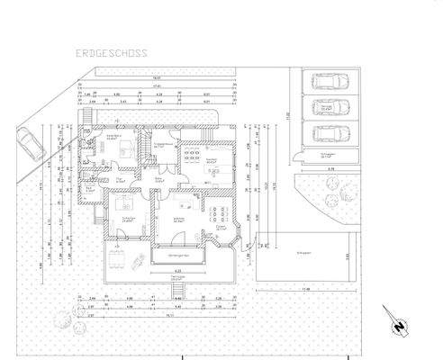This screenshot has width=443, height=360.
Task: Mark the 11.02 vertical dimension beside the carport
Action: pos(288,115)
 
